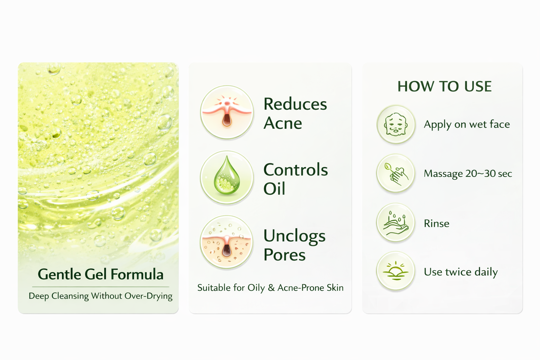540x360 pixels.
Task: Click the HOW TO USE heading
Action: [444, 86]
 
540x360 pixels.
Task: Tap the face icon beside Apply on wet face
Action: [396, 124]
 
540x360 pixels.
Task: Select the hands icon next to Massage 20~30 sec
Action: [396, 173]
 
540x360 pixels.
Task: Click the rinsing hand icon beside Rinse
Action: [396, 222]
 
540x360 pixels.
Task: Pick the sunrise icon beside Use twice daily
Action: [396, 271]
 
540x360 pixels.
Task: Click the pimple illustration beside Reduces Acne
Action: [227, 112]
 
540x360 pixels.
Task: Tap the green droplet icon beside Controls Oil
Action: [227, 178]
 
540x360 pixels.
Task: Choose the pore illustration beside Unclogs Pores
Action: [227, 242]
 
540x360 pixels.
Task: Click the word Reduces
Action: [295, 104]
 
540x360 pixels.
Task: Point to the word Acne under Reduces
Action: [283, 123]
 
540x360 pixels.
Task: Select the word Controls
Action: [296, 170]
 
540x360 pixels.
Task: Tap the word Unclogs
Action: [295, 236]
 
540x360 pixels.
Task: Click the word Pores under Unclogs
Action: [284, 255]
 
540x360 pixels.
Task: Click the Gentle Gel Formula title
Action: [101, 275]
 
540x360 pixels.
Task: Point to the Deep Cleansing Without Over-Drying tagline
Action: [101, 296]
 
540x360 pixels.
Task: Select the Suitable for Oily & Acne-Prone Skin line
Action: [270, 288]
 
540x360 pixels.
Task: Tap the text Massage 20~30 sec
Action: [468, 174]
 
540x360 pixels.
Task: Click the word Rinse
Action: [437, 224]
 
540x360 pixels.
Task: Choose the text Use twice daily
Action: [461, 272]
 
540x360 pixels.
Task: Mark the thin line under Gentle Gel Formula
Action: [101, 287]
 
